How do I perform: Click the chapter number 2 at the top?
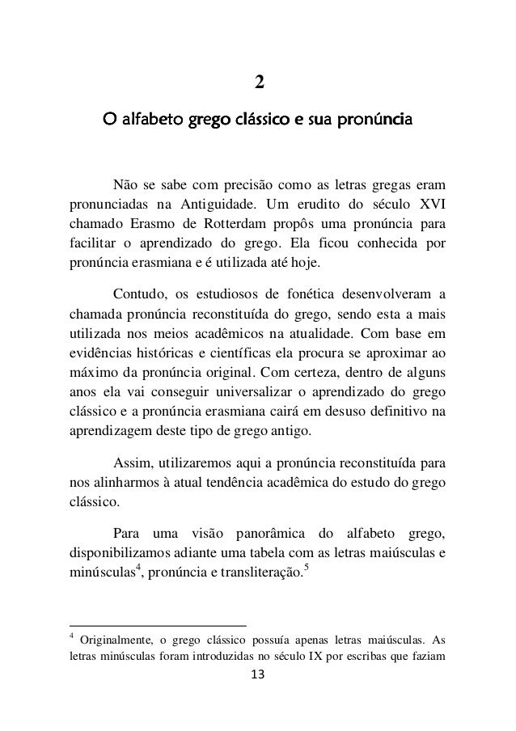258,82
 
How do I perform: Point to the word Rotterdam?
226,222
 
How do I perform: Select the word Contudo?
137,293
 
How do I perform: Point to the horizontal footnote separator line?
158,625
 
